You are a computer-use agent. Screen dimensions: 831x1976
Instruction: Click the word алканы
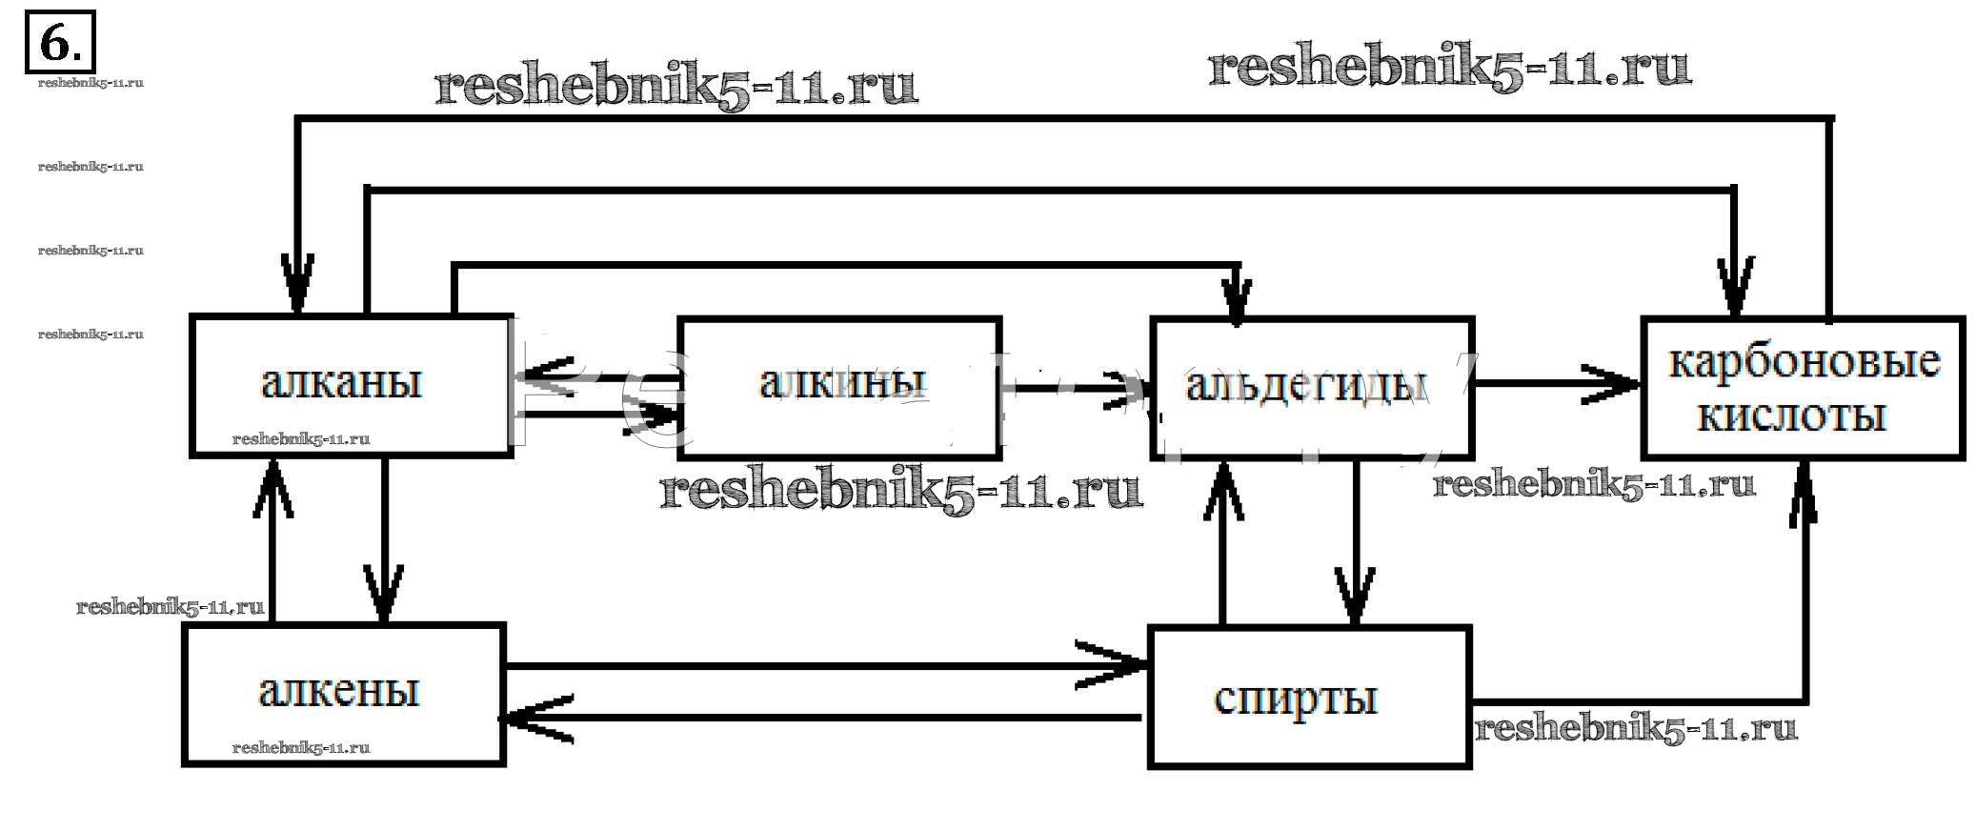click(x=341, y=382)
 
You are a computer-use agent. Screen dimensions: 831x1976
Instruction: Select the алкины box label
click(x=842, y=382)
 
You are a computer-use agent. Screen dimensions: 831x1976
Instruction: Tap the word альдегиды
click(x=1307, y=384)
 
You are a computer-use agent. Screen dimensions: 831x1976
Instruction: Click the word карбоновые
click(x=1804, y=362)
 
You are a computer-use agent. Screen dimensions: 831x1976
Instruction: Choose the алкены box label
click(x=339, y=691)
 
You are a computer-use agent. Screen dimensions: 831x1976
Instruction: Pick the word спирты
click(x=1296, y=699)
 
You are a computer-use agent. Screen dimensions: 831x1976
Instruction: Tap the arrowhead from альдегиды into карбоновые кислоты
click(x=1620, y=384)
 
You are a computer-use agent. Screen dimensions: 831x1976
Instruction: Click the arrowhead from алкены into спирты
click(x=1124, y=664)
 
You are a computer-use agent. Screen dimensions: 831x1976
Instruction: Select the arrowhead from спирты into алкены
click(x=529, y=719)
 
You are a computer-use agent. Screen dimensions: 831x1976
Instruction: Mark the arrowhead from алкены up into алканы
click(x=272, y=481)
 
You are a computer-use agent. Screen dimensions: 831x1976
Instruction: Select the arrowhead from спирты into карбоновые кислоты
click(x=1803, y=486)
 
